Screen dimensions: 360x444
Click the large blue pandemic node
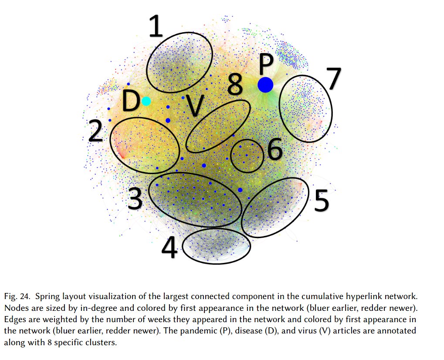(265, 84)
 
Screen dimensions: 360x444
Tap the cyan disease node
(146, 101)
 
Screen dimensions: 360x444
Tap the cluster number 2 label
(95, 131)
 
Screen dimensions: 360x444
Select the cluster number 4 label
(169, 249)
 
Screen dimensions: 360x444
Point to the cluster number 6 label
(275, 150)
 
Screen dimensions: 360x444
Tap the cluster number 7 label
(333, 79)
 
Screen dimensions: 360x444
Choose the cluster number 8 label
(235, 85)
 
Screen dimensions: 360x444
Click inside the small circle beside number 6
(247, 155)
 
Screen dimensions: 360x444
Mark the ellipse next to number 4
(216, 246)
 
